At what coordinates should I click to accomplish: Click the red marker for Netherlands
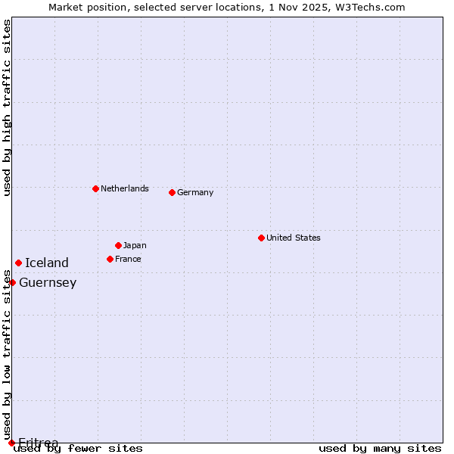pyautogui.click(x=95, y=188)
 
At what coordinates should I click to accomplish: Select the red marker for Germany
pyautogui.click(x=172, y=192)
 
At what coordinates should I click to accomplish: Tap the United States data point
pyautogui.click(x=261, y=238)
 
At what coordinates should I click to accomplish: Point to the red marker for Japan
pyautogui.click(x=118, y=245)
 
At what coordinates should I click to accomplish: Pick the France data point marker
pyautogui.click(x=110, y=259)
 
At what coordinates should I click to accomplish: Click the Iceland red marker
pyautogui.click(x=18, y=263)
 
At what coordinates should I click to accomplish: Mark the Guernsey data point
pyautogui.click(x=12, y=282)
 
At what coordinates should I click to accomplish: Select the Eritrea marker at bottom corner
pyautogui.click(x=11, y=443)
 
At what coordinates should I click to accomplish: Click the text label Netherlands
pyautogui.click(x=124, y=188)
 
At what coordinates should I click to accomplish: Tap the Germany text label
pyautogui.click(x=195, y=192)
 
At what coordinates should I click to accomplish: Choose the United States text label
pyautogui.click(x=293, y=238)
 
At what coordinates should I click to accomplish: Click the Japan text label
pyautogui.click(x=135, y=245)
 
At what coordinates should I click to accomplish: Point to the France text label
pyautogui.click(x=128, y=259)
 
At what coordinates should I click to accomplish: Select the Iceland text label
pyautogui.click(x=46, y=263)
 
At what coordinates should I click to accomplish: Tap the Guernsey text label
pyautogui.click(x=48, y=282)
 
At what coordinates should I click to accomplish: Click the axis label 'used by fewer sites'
pyautogui.click(x=78, y=449)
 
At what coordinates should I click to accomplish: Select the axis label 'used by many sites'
pyautogui.click(x=380, y=449)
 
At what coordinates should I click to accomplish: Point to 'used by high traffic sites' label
pyautogui.click(x=7, y=107)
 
